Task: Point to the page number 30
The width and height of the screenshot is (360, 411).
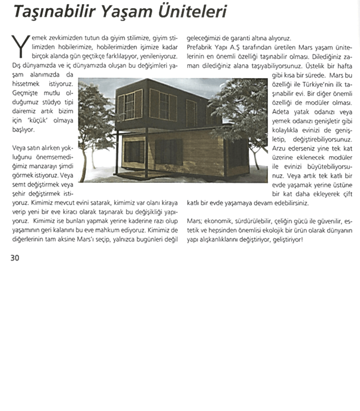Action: click(x=14, y=257)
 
